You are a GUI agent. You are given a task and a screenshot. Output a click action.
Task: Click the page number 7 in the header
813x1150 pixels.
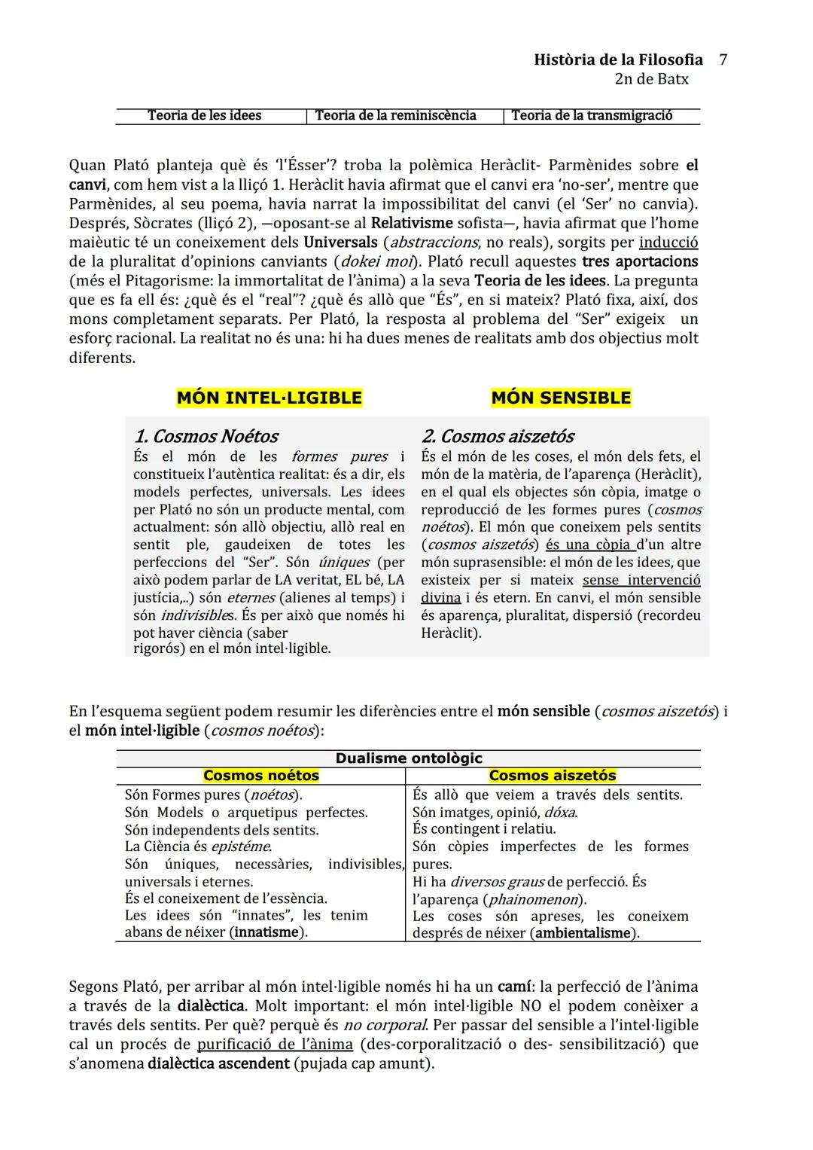click(723, 59)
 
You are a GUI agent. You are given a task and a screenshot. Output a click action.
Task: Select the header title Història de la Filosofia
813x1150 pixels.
click(618, 59)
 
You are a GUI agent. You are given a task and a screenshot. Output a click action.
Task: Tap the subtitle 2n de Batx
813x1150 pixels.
click(651, 79)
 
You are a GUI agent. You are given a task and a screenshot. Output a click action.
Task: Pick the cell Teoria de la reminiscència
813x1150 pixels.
click(395, 115)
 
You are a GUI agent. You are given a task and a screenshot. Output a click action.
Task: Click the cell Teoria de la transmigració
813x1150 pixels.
click(592, 115)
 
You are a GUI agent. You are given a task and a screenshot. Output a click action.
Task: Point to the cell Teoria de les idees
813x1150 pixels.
click(204, 115)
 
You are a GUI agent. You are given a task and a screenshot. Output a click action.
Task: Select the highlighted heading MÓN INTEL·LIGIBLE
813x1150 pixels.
click(269, 398)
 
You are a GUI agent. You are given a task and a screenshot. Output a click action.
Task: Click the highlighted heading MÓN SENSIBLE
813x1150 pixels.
click(561, 398)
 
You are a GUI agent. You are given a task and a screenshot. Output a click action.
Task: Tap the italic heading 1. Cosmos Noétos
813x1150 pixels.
click(206, 436)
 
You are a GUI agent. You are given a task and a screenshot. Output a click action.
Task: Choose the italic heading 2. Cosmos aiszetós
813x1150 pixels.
click(498, 436)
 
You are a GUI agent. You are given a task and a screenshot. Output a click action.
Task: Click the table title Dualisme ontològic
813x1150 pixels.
click(408, 758)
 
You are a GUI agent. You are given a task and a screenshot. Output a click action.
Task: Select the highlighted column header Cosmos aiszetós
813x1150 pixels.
click(552, 776)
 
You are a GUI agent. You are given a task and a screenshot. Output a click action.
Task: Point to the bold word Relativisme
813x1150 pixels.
click(412, 223)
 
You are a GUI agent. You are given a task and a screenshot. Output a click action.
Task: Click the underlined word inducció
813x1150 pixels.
click(668, 243)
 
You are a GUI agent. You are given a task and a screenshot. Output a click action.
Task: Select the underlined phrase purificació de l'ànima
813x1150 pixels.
click(275, 1044)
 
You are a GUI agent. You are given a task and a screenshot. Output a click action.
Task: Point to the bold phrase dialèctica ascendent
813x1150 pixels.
click(218, 1063)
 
